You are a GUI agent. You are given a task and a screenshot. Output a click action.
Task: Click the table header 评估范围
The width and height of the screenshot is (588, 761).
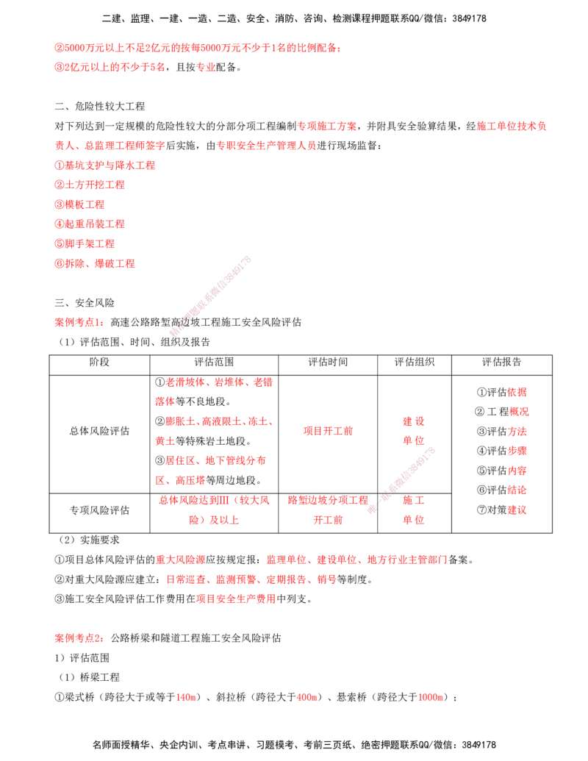214,362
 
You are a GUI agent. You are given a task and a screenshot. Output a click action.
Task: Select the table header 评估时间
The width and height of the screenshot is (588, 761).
328,362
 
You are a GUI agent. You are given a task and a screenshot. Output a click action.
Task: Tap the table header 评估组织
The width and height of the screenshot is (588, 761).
415,362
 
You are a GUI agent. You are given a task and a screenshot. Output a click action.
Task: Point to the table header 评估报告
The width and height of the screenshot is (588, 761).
502,362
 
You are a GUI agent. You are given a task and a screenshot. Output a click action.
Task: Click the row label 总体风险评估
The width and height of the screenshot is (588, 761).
99,431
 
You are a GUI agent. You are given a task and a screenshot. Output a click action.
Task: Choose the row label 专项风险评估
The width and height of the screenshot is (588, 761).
99,510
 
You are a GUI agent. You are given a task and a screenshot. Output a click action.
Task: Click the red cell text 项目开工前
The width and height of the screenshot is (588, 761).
328,431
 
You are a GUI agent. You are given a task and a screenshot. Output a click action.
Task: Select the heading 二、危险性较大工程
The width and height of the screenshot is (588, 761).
100,107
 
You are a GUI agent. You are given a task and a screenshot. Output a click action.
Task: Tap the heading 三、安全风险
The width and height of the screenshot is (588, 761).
85,303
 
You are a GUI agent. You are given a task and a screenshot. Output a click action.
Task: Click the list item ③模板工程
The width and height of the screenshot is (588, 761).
79,205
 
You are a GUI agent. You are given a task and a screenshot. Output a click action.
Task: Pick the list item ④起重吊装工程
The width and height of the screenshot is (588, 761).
90,224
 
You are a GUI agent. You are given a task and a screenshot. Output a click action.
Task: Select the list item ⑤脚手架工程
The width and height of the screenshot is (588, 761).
85,243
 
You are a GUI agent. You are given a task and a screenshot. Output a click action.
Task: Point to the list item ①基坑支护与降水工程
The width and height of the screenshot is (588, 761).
105,165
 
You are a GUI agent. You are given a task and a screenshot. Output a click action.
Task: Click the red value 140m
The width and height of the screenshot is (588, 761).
186,698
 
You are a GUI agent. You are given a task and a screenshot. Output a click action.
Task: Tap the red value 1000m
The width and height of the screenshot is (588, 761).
430,698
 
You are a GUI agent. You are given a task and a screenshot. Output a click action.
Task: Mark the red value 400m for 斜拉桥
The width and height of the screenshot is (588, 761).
306,698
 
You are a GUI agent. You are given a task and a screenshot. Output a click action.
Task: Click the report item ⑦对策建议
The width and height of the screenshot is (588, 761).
502,510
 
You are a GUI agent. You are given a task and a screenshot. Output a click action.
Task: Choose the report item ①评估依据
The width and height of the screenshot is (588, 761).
502,392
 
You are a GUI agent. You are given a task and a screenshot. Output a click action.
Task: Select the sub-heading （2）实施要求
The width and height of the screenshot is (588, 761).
87,540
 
